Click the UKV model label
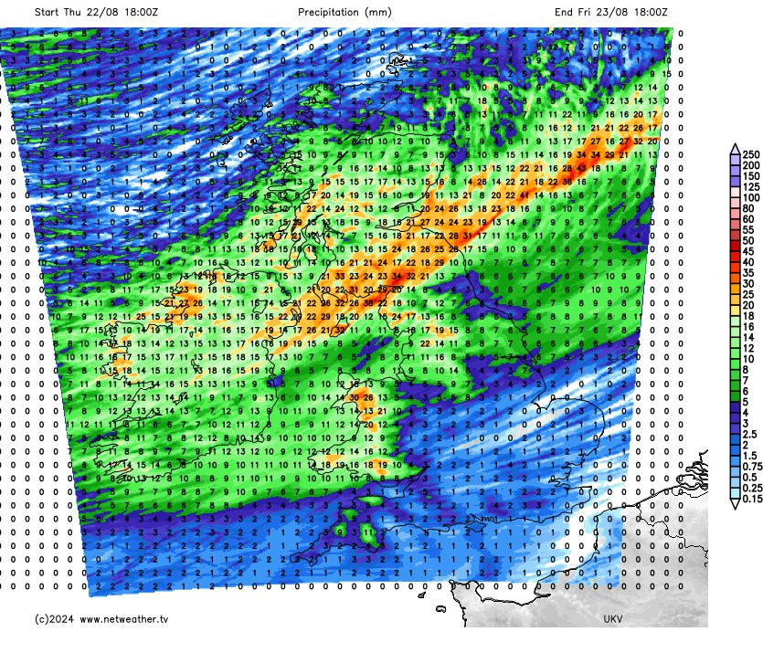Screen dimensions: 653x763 [x=613, y=619]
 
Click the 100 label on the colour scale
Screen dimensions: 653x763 [x=751, y=197]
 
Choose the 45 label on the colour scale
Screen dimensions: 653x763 [x=748, y=251]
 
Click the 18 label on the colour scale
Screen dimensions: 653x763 [x=748, y=315]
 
